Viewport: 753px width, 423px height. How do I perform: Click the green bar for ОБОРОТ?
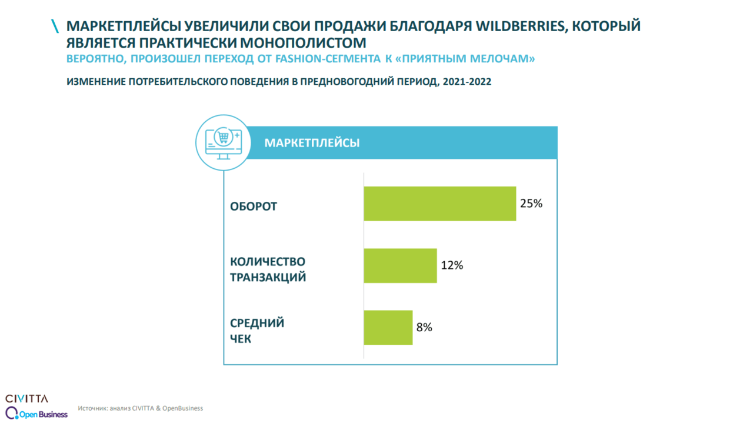coord(439,204)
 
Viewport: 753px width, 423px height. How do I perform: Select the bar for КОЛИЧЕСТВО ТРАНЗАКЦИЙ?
coord(400,265)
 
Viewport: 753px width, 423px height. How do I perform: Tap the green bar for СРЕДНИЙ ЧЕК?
coord(388,327)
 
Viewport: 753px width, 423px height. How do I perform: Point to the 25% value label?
coord(531,204)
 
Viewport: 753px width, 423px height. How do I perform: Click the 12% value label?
coord(452,265)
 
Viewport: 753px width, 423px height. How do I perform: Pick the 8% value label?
coord(424,327)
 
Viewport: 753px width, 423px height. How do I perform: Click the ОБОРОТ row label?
coord(254,207)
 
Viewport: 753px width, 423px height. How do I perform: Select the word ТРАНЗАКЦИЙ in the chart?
coord(268,277)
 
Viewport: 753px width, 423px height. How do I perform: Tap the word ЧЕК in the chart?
coord(241,339)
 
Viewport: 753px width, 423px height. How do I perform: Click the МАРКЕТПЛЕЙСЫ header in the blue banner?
coord(312,143)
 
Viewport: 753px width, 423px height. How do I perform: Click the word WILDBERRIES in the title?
coord(521,26)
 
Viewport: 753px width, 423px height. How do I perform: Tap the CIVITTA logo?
coord(26,398)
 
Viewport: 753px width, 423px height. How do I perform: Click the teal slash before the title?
coord(55,26)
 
